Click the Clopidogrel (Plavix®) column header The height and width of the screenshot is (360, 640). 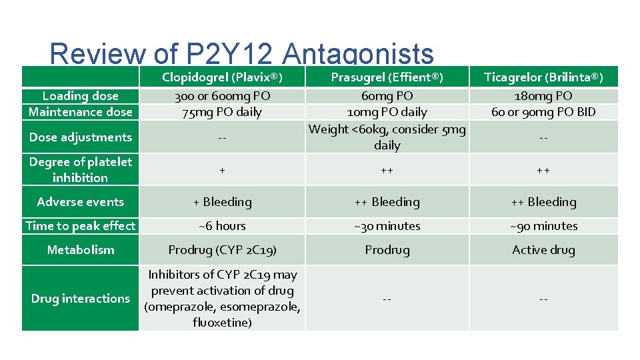point(223,77)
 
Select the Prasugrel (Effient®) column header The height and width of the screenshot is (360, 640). point(387,77)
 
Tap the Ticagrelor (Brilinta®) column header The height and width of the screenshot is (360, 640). point(543,77)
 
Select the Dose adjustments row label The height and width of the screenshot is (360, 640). point(81,137)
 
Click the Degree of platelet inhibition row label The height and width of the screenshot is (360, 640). point(81,169)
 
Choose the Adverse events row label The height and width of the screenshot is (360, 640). point(81,202)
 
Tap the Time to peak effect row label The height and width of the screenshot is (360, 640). point(81,226)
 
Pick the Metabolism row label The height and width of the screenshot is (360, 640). point(81,250)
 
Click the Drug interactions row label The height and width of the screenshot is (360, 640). point(81,299)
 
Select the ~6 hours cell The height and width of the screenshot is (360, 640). point(222,226)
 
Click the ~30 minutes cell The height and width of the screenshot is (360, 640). point(387,226)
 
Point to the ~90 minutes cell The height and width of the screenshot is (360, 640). point(543,226)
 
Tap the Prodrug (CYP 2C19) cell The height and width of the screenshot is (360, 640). point(222,250)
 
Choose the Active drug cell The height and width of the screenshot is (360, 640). point(543,250)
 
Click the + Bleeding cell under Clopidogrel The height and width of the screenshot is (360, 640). point(222,202)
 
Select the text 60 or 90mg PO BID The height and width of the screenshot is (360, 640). point(543,112)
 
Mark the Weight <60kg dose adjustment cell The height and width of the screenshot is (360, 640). point(387,137)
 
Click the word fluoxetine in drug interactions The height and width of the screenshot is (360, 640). point(222,323)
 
